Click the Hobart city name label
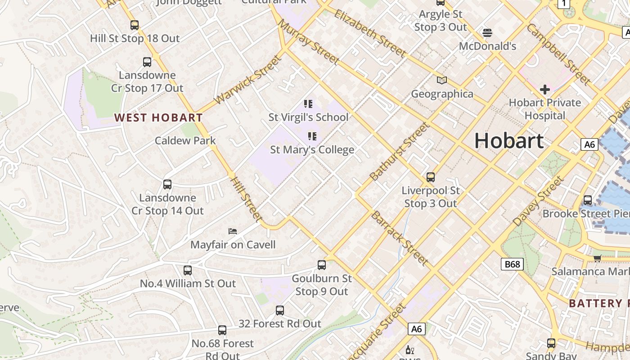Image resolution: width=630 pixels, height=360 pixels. [509, 141]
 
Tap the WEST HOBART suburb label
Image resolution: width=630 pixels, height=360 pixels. [158, 118]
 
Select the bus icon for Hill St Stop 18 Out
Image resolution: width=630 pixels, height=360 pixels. [135, 25]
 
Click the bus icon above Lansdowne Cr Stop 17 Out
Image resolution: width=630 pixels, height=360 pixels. [147, 62]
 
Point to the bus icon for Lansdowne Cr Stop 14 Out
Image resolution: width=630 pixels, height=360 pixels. [167, 184]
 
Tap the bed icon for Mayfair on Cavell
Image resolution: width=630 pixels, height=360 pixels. [233, 231]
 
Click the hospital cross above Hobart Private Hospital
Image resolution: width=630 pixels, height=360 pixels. [544, 90]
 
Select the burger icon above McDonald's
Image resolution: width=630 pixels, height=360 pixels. [487, 33]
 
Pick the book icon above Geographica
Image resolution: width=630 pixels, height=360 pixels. [442, 81]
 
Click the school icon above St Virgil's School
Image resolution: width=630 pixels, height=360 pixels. [308, 104]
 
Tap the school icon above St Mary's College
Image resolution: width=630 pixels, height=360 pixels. [312, 136]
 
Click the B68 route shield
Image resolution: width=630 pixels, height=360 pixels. [512, 264]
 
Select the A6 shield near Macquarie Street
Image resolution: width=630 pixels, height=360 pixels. [417, 329]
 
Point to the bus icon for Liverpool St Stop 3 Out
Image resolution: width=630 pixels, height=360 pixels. [431, 177]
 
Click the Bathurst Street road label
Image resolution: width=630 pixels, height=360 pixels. [399, 151]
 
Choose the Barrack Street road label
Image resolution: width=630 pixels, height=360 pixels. [400, 238]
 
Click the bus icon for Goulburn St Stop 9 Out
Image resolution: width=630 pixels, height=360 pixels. [322, 265]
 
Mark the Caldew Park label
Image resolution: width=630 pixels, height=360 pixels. [185, 140]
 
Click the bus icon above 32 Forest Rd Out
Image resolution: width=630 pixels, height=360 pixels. [280, 310]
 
